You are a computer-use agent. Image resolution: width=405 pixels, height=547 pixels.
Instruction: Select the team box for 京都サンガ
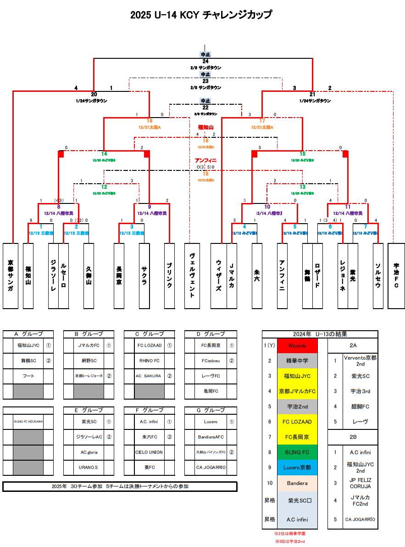pos(11,276)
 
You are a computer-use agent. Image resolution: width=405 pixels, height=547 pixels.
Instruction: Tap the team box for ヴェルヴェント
pos(192,276)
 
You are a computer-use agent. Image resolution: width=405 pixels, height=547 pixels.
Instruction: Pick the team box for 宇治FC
pos(396,276)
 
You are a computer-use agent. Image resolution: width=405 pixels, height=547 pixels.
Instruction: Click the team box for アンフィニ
pos(282,276)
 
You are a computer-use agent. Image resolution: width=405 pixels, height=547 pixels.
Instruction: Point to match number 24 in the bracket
pos(205,61)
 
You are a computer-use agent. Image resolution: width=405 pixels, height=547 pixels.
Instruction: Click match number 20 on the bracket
pos(94,94)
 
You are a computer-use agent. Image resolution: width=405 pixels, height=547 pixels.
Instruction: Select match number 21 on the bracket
pos(312,94)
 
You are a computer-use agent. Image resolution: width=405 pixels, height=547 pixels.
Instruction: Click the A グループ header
pos(28,334)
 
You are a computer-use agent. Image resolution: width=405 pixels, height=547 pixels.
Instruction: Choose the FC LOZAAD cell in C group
pos(150,345)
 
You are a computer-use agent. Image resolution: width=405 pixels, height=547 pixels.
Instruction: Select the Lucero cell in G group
pos(211,422)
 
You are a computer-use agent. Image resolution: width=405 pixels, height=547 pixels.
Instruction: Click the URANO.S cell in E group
pos(89,468)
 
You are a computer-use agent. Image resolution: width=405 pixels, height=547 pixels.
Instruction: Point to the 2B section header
pos(353,437)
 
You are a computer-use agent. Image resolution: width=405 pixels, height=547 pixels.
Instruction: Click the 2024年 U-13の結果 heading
pos(320,334)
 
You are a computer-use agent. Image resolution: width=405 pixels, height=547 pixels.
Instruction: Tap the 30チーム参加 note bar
pos(120,486)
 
